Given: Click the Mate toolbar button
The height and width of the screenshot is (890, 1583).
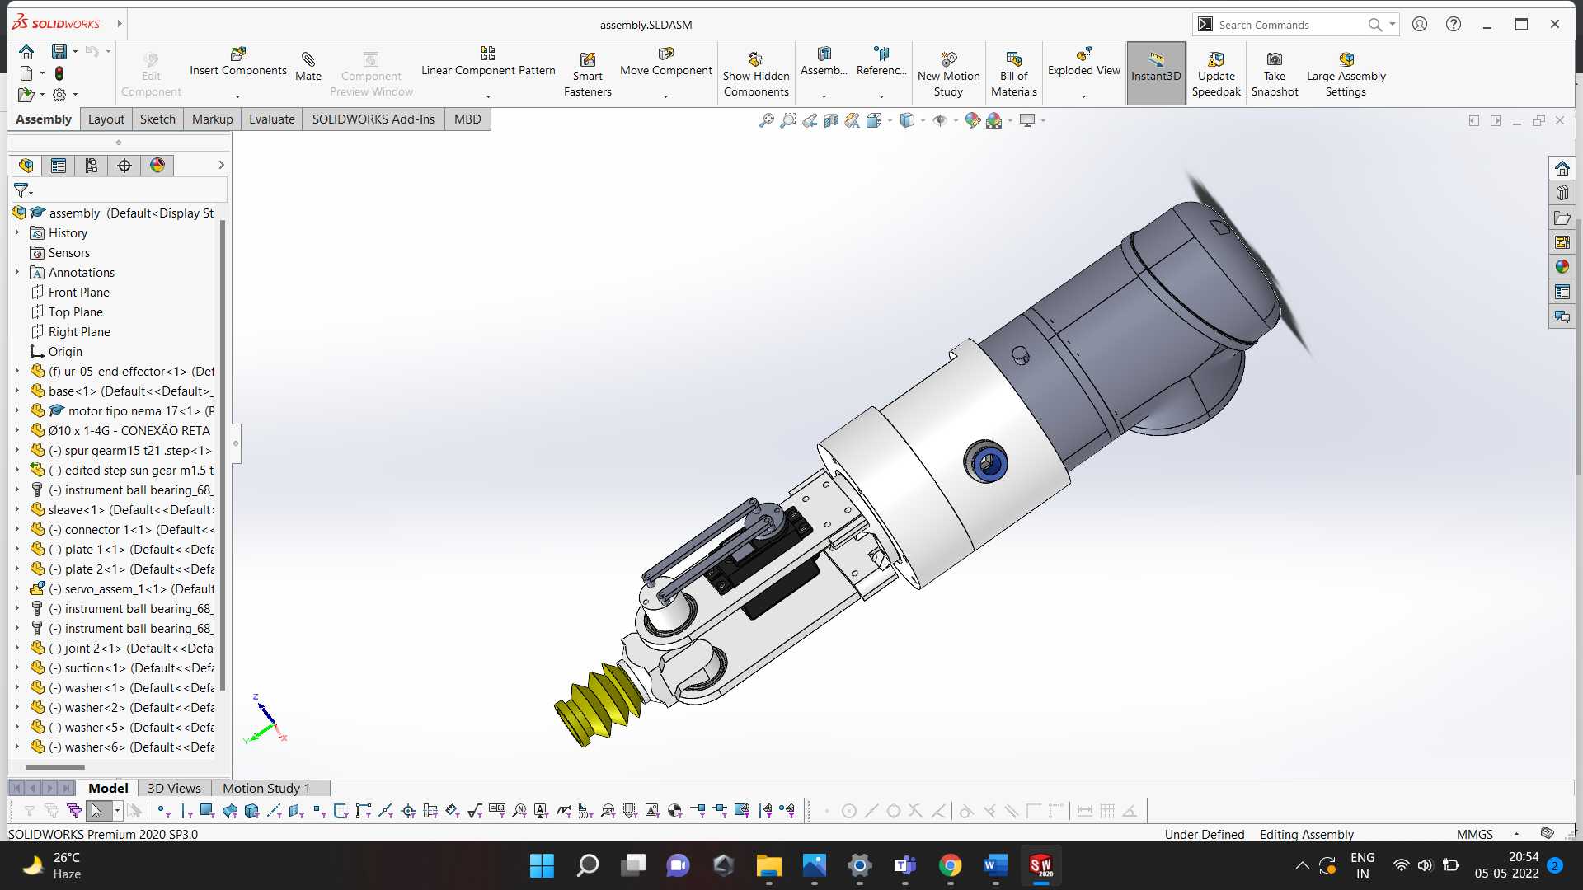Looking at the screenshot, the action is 308,66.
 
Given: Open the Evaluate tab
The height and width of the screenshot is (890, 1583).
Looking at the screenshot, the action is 271,119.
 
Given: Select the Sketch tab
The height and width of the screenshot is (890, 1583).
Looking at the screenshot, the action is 157,119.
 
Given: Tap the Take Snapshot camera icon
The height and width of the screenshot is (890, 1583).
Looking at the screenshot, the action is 1275,59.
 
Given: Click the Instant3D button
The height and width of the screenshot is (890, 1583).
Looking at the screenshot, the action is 1156,73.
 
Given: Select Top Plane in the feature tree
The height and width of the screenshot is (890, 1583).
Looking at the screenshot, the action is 75,312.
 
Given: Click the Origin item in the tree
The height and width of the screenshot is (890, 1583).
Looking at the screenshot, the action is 65,352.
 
